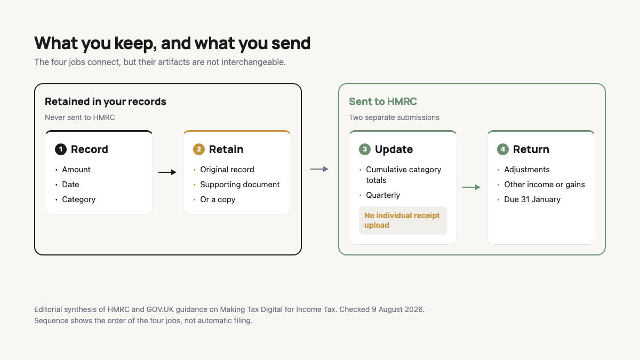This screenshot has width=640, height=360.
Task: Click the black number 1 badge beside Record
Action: click(61, 149)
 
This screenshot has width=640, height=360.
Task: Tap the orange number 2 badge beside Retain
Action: click(199, 149)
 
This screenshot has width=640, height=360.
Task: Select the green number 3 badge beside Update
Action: click(365, 149)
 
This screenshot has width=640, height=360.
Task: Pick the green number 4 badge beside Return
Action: click(503, 149)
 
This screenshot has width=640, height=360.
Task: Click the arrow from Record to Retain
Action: click(167, 172)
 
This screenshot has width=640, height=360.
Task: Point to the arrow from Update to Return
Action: click(471, 187)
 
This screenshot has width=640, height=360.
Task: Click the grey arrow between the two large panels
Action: click(319, 169)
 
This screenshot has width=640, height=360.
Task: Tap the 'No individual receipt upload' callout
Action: click(403, 220)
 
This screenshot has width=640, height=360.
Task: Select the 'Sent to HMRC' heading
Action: click(383, 101)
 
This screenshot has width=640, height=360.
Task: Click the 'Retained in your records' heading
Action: click(106, 101)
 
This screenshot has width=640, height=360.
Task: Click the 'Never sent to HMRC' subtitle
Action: click(79, 117)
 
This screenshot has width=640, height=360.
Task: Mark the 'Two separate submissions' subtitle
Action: click(394, 117)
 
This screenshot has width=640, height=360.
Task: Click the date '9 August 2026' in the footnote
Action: click(398, 309)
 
